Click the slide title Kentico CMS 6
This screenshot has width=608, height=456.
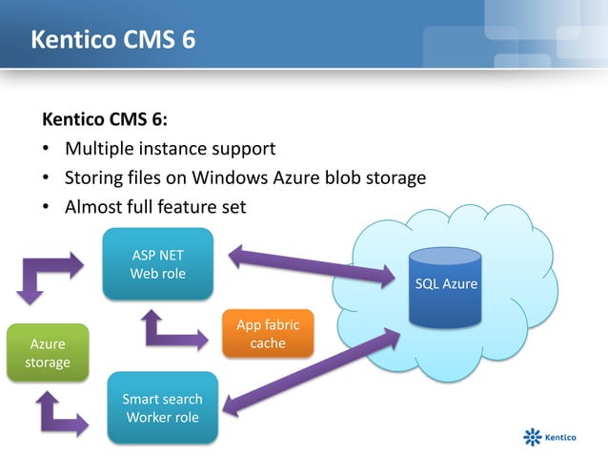click(x=113, y=41)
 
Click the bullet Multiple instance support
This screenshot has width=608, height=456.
click(x=170, y=149)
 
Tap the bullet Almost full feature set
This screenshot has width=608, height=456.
click(x=155, y=206)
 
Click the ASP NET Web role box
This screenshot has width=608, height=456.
click(x=158, y=264)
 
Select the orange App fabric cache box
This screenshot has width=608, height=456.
click(x=267, y=334)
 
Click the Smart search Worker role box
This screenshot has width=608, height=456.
click(x=162, y=408)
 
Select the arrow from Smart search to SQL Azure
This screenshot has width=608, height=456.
click(x=311, y=372)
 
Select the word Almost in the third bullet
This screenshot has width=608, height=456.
click(x=93, y=206)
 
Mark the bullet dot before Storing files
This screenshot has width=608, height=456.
click(x=46, y=178)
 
